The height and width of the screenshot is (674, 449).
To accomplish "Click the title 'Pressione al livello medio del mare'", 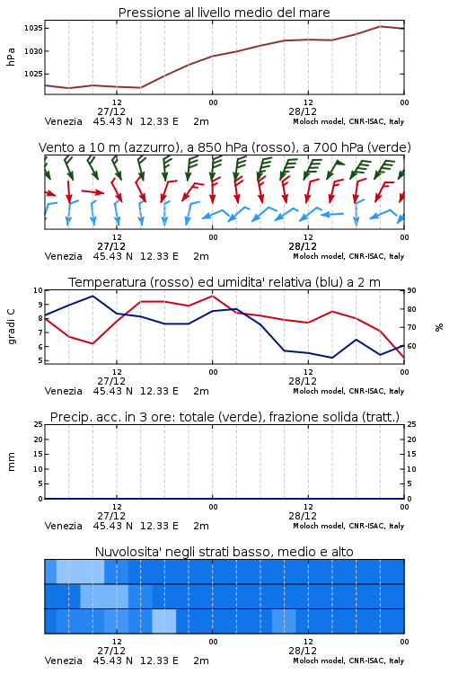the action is (224, 13).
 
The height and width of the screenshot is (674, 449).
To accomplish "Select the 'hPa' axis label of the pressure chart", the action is (11, 57).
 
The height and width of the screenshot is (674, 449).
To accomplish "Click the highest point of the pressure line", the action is (380, 26).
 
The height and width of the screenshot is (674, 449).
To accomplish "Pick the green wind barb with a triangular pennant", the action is (335, 169).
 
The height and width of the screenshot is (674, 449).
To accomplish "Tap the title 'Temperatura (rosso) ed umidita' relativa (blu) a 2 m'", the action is (224, 282).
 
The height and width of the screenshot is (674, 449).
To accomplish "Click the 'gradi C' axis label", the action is (11, 326).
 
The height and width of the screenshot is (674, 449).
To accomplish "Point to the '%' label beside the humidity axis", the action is (439, 327).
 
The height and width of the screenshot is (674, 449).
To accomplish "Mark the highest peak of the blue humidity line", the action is (92, 296).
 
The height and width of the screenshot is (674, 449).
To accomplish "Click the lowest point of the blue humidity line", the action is (331, 358).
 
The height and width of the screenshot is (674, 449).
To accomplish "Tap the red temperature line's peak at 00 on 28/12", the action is (212, 296).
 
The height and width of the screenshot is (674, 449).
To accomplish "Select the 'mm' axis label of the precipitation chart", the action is (11, 462).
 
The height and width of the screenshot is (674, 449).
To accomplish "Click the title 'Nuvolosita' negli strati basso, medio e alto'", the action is (224, 552).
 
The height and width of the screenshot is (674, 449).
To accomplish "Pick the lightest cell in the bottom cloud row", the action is (164, 621).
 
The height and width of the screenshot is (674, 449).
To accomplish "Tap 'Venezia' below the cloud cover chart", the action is (63, 661).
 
